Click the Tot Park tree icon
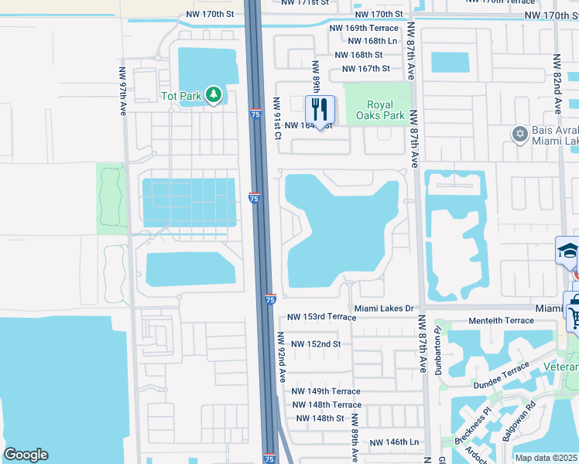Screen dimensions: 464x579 214,96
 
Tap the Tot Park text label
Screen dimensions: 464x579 180,97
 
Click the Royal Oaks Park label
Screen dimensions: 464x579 380,111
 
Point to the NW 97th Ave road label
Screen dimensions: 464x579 122,90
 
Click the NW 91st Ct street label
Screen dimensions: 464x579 276,118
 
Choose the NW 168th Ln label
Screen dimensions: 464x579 372,41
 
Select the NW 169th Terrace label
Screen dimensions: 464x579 363,28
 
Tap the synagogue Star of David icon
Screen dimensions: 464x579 520,135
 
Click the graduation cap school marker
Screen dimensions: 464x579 567,252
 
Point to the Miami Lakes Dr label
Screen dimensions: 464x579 385,308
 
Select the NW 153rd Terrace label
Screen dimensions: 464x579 321,317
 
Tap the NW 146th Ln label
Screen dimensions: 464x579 395,442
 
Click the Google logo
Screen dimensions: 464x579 26,455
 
